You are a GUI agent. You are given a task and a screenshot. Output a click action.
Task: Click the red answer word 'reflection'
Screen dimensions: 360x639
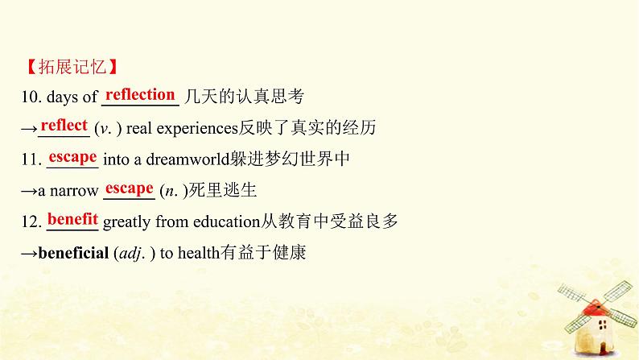(140, 95)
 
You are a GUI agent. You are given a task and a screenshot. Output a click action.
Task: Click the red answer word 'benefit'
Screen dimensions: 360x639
(72, 219)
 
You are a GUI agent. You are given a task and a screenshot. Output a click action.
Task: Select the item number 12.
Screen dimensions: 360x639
(31, 221)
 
